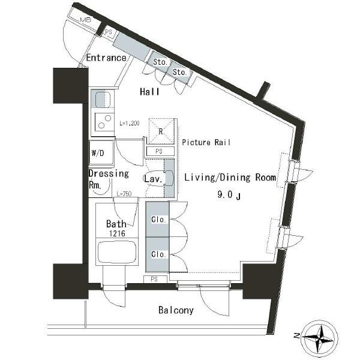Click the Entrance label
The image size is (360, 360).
(x=106, y=58)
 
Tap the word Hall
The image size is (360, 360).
(x=149, y=92)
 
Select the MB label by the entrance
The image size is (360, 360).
(x=86, y=20)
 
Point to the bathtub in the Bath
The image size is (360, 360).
(x=117, y=252)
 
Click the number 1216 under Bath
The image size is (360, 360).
(x=117, y=233)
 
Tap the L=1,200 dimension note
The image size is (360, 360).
(x=130, y=123)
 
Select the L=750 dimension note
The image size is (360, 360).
(x=124, y=194)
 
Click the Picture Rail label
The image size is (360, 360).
(x=206, y=142)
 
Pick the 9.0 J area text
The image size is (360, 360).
(x=229, y=195)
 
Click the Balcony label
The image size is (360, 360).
(x=176, y=310)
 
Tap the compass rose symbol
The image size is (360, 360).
(x=320, y=337)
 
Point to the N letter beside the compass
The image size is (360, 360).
(x=296, y=336)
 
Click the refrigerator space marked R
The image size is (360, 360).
(x=161, y=131)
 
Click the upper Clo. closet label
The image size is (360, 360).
(x=158, y=220)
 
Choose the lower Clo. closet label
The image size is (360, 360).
(x=158, y=254)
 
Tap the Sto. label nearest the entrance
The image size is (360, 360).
(x=160, y=62)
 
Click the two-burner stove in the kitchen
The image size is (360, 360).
(x=104, y=122)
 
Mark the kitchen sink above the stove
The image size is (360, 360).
(x=103, y=99)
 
